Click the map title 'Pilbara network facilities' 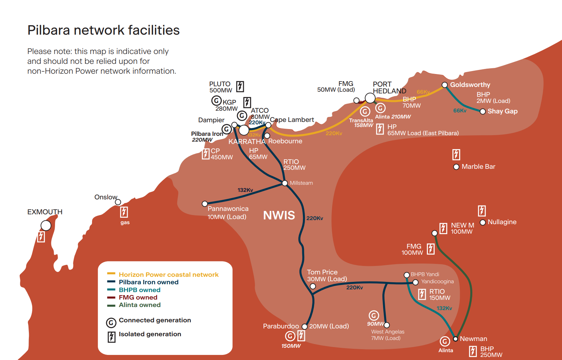coord(103,30)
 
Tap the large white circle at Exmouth coord(46,226)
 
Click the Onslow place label coord(106,197)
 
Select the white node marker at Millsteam coord(285,183)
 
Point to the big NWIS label coord(279,215)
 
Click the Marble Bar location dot coord(456,167)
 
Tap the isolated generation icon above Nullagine coord(482,211)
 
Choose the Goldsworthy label coord(470,85)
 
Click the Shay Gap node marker coord(483,111)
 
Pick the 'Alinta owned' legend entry coord(139,305)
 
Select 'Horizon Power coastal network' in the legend coord(168,274)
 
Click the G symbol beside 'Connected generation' coord(111,323)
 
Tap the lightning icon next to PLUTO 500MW coord(240,86)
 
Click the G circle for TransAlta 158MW coord(365,111)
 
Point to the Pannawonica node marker coord(205,204)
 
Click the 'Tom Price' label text coord(322,272)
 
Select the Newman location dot coord(456,339)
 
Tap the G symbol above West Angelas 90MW coord(374,316)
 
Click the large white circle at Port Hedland coord(370,98)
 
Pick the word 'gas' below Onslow coord(125,222)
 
